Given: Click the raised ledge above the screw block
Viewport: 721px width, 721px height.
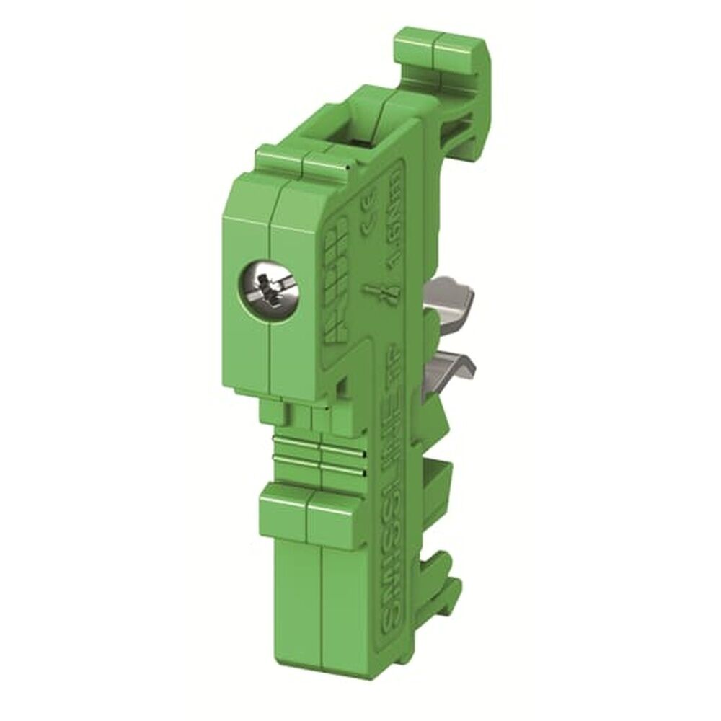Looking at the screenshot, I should [303, 162].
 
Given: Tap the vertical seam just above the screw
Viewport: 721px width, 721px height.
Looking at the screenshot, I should [271, 224].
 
